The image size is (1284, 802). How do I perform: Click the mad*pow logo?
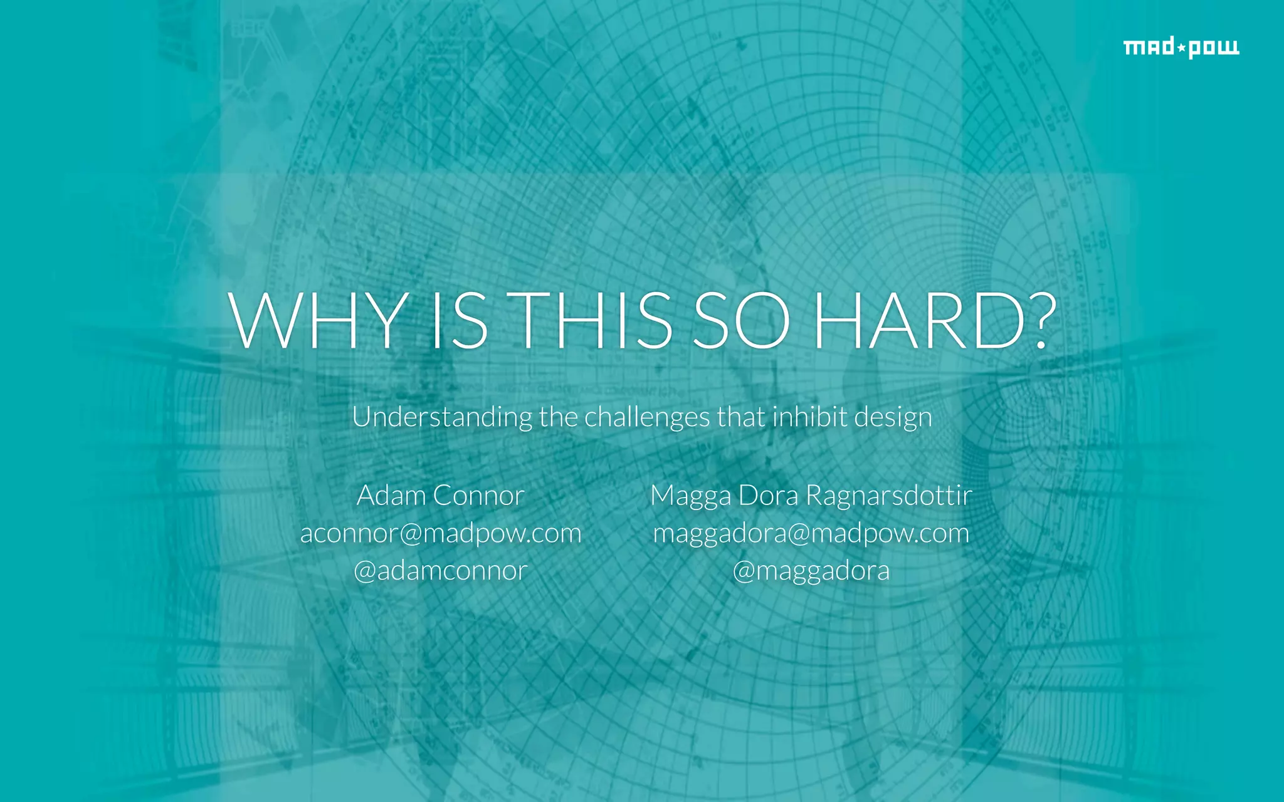pos(1181,48)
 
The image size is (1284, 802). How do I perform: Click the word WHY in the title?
pos(317,321)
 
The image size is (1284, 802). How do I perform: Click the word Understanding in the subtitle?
pos(442,417)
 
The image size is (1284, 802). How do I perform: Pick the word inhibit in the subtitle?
pos(808,417)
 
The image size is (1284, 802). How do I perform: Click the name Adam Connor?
pos(440,496)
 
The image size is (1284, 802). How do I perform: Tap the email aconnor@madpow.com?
pos(441,534)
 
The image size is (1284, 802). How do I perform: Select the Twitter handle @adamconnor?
pos(440,571)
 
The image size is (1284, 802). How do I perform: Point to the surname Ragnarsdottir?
pos(889,496)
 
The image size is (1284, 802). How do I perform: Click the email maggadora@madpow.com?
pos(811,534)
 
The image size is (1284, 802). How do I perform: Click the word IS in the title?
pos(459,321)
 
